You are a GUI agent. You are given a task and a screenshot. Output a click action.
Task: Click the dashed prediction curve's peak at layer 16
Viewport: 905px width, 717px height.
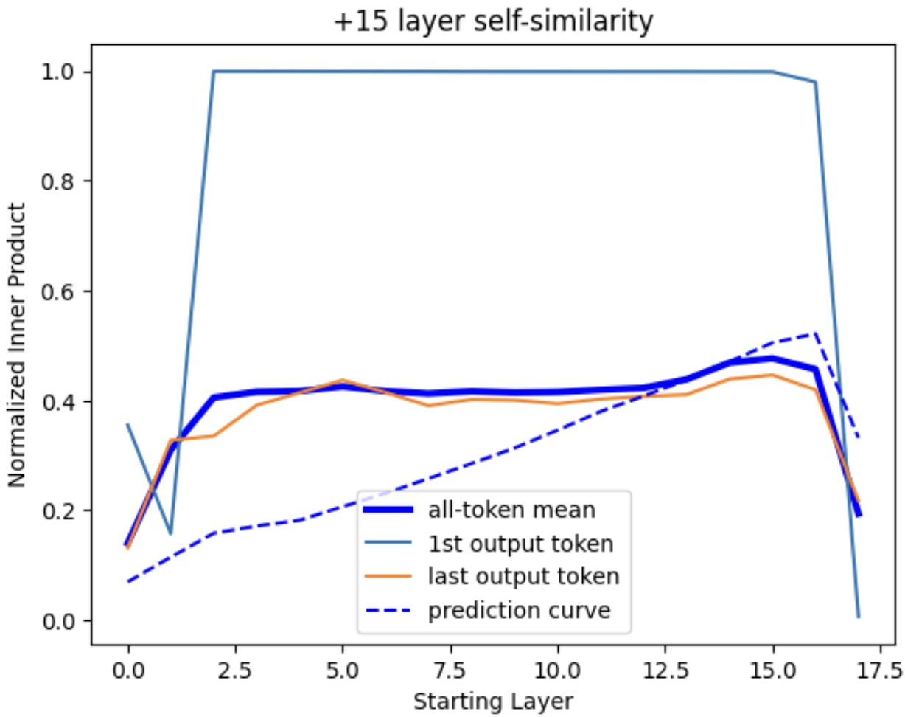pyautogui.click(x=815, y=333)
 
